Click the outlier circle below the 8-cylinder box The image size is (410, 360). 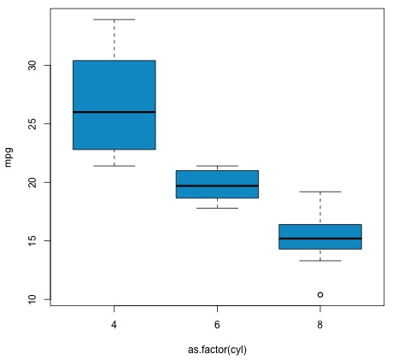[x=320, y=294]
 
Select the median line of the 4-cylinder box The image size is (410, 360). [x=114, y=112]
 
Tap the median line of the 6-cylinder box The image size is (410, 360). [x=217, y=186]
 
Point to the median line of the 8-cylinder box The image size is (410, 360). [x=320, y=239]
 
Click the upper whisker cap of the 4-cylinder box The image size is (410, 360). [x=114, y=20]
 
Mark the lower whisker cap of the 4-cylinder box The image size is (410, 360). [x=114, y=165]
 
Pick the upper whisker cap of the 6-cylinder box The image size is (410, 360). [x=217, y=166]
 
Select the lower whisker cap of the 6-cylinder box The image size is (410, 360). [x=217, y=208]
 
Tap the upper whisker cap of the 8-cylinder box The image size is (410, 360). [x=320, y=192]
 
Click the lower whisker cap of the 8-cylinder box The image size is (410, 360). [x=320, y=261]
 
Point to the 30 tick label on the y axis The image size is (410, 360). [x=33, y=66]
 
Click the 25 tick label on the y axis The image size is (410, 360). [x=33, y=124]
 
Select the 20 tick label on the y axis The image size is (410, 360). [x=33, y=182]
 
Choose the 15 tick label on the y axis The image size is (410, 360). [x=33, y=241]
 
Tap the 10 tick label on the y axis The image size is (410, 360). [x=33, y=299]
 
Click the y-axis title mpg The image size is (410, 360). [x=9, y=159]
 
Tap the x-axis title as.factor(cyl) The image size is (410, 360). [x=217, y=349]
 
